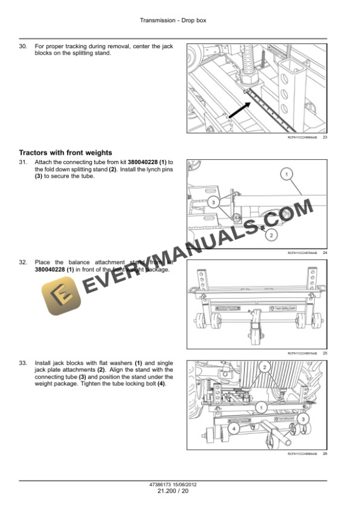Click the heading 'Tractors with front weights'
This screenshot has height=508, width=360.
(x=65, y=153)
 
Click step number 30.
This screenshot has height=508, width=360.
(x=23, y=46)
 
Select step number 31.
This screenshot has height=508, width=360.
(x=23, y=162)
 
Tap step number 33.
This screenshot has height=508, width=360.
(x=23, y=363)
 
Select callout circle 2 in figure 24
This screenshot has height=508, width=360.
(x=272, y=235)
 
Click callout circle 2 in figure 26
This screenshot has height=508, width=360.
(x=266, y=367)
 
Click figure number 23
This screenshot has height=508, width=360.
(x=325, y=137)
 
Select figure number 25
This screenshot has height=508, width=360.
(x=325, y=353)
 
